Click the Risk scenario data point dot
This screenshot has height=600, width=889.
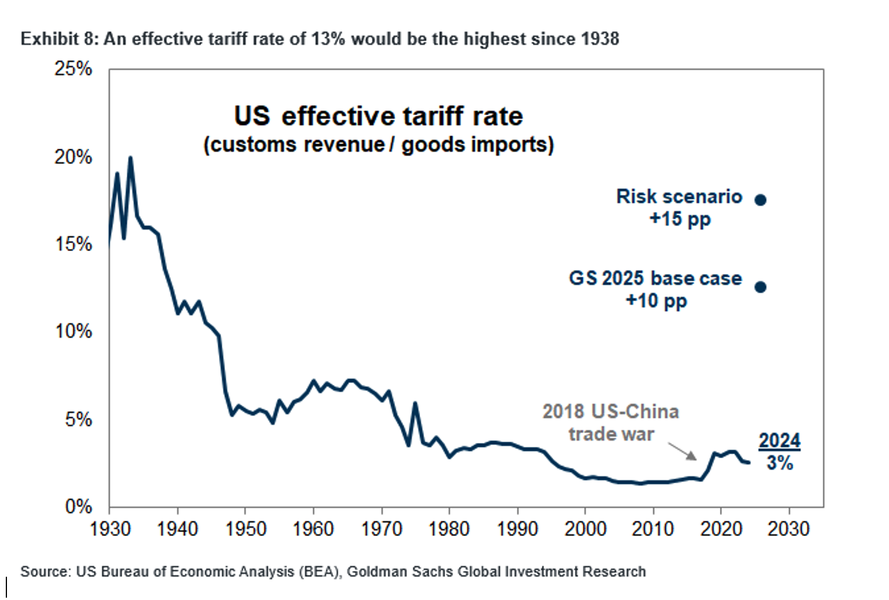760,200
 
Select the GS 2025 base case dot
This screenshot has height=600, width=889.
760,287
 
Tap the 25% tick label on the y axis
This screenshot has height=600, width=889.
73,69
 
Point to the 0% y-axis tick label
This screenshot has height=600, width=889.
78,506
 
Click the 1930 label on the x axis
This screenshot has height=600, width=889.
110,529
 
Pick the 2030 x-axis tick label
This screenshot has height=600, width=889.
788,529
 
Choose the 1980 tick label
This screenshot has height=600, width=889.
449,529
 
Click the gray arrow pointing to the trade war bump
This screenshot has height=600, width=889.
682,451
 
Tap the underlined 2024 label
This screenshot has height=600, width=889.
779,441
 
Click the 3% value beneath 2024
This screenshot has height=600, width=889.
779,463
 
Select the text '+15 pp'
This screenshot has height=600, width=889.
680,219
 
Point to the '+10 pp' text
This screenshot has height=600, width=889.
656,301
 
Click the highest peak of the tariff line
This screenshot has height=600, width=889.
130,158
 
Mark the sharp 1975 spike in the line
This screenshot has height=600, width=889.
415,403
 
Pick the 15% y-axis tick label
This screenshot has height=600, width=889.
73,244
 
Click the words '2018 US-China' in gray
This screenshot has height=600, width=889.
611,412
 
